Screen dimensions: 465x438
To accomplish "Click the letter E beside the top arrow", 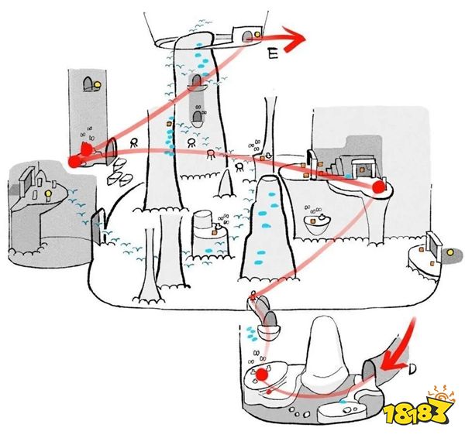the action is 273,53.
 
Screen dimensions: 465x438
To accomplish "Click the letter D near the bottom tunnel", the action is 412,368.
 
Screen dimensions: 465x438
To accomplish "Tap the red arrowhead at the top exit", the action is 294,39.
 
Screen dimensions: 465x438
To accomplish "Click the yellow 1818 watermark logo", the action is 418,408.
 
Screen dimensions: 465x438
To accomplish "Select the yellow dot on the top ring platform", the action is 257,34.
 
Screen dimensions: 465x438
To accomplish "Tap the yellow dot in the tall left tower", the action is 98,85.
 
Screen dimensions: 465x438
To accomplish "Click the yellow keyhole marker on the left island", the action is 48,194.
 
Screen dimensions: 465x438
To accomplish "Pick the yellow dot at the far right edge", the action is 450,252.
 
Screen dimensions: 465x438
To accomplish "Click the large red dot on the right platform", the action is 379,187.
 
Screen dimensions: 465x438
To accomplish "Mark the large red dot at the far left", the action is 74,162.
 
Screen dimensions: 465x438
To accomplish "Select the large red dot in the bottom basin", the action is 262,375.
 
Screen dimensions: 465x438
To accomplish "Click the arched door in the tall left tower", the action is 88,84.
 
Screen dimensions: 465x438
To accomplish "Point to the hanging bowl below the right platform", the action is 317,224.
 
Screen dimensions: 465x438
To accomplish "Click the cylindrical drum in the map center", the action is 202,220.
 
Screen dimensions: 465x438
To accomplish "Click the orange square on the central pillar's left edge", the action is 169,124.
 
